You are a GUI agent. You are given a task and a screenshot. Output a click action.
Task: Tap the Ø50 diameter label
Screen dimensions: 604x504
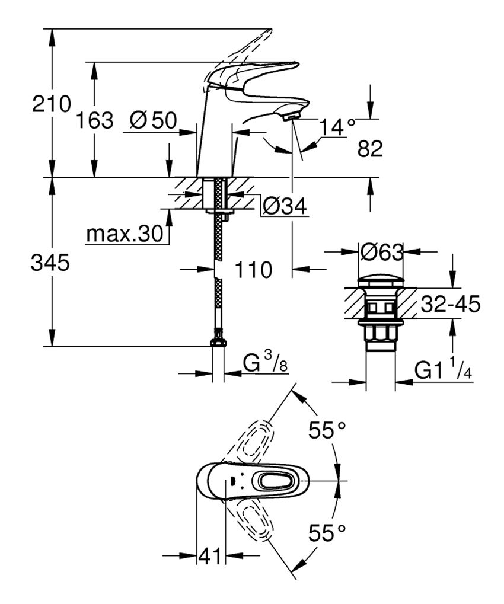click(x=152, y=121)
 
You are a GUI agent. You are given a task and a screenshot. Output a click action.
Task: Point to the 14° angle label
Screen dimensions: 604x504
click(x=337, y=126)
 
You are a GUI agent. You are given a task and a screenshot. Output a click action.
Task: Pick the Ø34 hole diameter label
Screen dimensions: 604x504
click(x=283, y=206)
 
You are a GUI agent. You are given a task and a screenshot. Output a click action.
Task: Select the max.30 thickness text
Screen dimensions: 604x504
click(x=124, y=234)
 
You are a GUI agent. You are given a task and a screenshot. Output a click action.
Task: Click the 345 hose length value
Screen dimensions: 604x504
click(x=50, y=263)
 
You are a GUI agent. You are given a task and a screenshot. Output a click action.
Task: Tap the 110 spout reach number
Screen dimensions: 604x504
click(x=253, y=270)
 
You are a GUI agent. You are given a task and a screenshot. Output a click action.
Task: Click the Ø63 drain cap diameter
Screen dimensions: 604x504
click(x=381, y=253)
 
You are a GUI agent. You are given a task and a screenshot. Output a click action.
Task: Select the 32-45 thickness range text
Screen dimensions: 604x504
click(x=449, y=305)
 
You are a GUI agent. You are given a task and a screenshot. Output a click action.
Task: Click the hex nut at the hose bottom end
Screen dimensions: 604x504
click(x=218, y=343)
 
